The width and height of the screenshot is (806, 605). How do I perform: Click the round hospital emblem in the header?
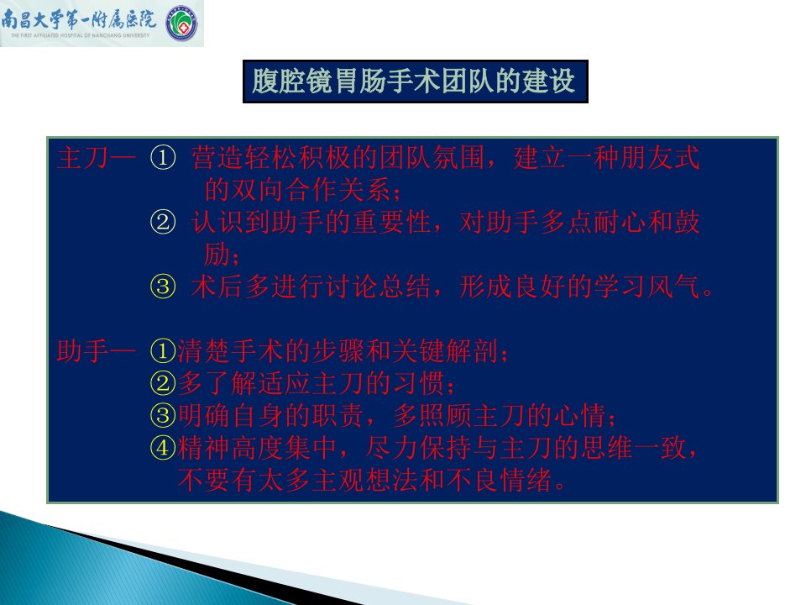click(181, 24)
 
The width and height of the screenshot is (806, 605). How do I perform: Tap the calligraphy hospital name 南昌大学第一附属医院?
click(79, 19)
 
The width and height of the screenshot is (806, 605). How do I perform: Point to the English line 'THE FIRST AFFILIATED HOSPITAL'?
click(80, 35)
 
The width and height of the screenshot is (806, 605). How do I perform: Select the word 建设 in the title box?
click(548, 82)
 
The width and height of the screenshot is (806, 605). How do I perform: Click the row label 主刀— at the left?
click(96, 158)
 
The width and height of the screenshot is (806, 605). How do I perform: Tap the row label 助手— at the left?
click(96, 351)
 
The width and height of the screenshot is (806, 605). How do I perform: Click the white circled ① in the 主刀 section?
click(163, 157)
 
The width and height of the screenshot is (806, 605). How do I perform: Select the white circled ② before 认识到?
click(163, 222)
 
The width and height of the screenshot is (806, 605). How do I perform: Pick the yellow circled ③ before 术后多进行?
click(163, 287)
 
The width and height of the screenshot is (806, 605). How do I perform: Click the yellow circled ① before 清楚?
click(163, 351)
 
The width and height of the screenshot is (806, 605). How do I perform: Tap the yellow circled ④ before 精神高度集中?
click(163, 448)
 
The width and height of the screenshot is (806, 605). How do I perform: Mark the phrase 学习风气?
click(647, 287)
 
